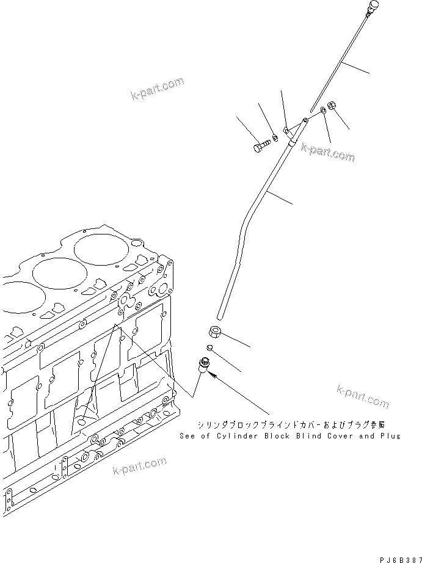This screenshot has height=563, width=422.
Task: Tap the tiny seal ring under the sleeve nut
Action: [209, 348]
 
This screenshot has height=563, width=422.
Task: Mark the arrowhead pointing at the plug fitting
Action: [214, 378]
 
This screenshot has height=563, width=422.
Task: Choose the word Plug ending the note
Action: [391, 436]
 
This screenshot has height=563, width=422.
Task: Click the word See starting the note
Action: [187, 436]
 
